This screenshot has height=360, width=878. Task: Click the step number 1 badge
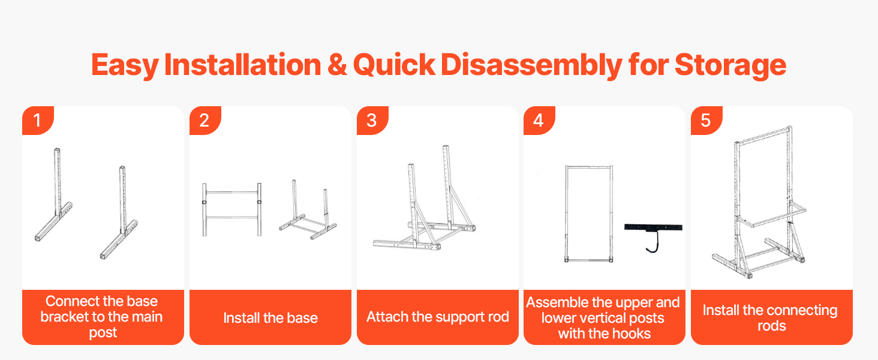(x=38, y=121)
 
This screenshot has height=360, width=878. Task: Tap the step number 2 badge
(x=205, y=121)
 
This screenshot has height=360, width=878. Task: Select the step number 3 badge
(x=372, y=121)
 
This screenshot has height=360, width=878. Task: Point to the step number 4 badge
(x=539, y=121)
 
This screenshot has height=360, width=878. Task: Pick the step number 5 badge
(x=706, y=121)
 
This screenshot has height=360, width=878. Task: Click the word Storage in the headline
(x=730, y=65)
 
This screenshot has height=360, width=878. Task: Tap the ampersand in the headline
(x=337, y=64)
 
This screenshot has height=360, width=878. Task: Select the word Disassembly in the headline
(x=531, y=65)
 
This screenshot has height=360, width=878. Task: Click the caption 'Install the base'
(x=270, y=317)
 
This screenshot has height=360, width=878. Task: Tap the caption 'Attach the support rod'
(x=438, y=317)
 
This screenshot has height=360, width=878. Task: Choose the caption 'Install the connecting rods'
(x=771, y=318)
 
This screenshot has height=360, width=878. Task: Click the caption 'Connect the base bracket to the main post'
(x=102, y=317)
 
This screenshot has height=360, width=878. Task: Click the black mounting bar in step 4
(x=653, y=227)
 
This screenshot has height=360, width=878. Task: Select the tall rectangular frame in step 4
(x=566, y=214)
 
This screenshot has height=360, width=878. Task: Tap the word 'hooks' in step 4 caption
(x=632, y=334)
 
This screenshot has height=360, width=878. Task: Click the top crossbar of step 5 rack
(x=762, y=134)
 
